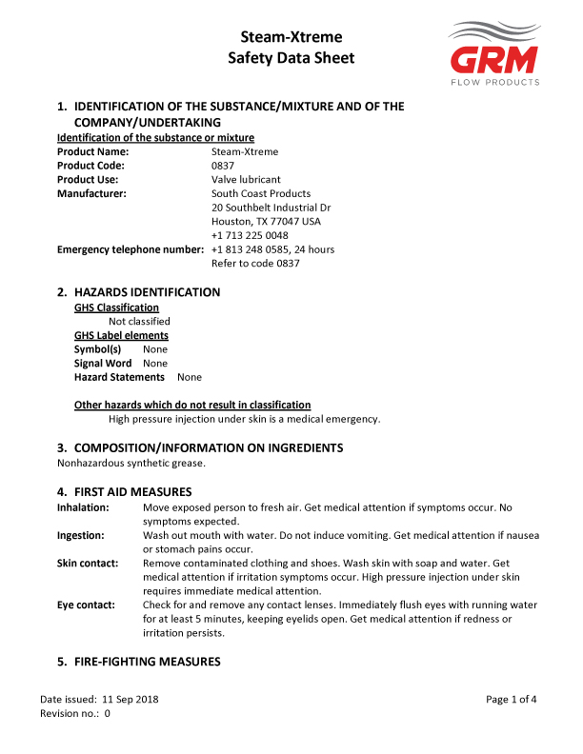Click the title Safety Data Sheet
pyautogui.click(x=291, y=58)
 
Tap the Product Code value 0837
pyautogui.click(x=222, y=166)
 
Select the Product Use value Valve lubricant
pyautogui.click(x=246, y=179)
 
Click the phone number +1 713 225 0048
pyautogui.click(x=250, y=235)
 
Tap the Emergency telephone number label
pyautogui.click(x=131, y=249)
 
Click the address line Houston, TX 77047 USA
pyautogui.click(x=266, y=221)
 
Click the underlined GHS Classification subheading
pyautogui.click(x=116, y=308)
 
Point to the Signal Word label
pyautogui.click(x=103, y=363)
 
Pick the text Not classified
pyautogui.click(x=139, y=321)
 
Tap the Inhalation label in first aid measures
pyautogui.click(x=83, y=507)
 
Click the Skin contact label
pyautogui.click(x=88, y=563)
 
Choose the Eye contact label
pyautogui.click(x=86, y=605)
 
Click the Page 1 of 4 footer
pyautogui.click(x=511, y=699)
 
